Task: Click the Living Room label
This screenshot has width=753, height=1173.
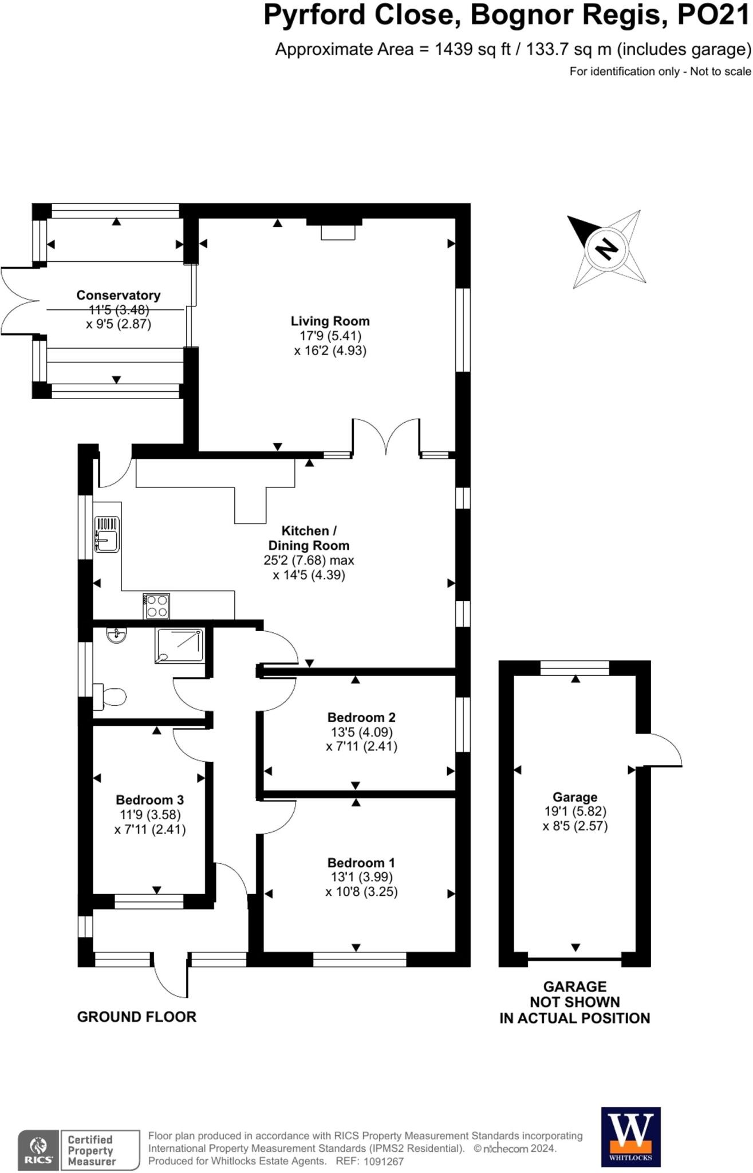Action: tap(330, 321)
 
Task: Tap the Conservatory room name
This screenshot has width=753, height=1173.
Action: tap(118, 296)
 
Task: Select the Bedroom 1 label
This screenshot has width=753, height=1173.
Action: tap(361, 863)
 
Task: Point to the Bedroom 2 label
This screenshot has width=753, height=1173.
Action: tap(361, 717)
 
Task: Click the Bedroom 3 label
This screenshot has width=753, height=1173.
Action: tap(149, 800)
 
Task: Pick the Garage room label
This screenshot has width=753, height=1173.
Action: tap(575, 797)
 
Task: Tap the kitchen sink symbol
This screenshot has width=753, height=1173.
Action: tap(107, 534)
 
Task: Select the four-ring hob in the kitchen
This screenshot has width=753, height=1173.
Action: tap(157, 607)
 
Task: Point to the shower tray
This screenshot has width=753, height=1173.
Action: tap(179, 645)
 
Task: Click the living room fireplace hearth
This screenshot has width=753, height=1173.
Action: tap(338, 232)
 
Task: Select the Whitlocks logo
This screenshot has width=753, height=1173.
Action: tap(630, 1137)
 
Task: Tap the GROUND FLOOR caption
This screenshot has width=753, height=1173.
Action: tap(136, 1017)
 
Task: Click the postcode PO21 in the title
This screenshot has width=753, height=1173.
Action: tap(713, 15)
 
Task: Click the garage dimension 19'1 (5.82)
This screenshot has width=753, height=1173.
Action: tap(575, 811)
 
